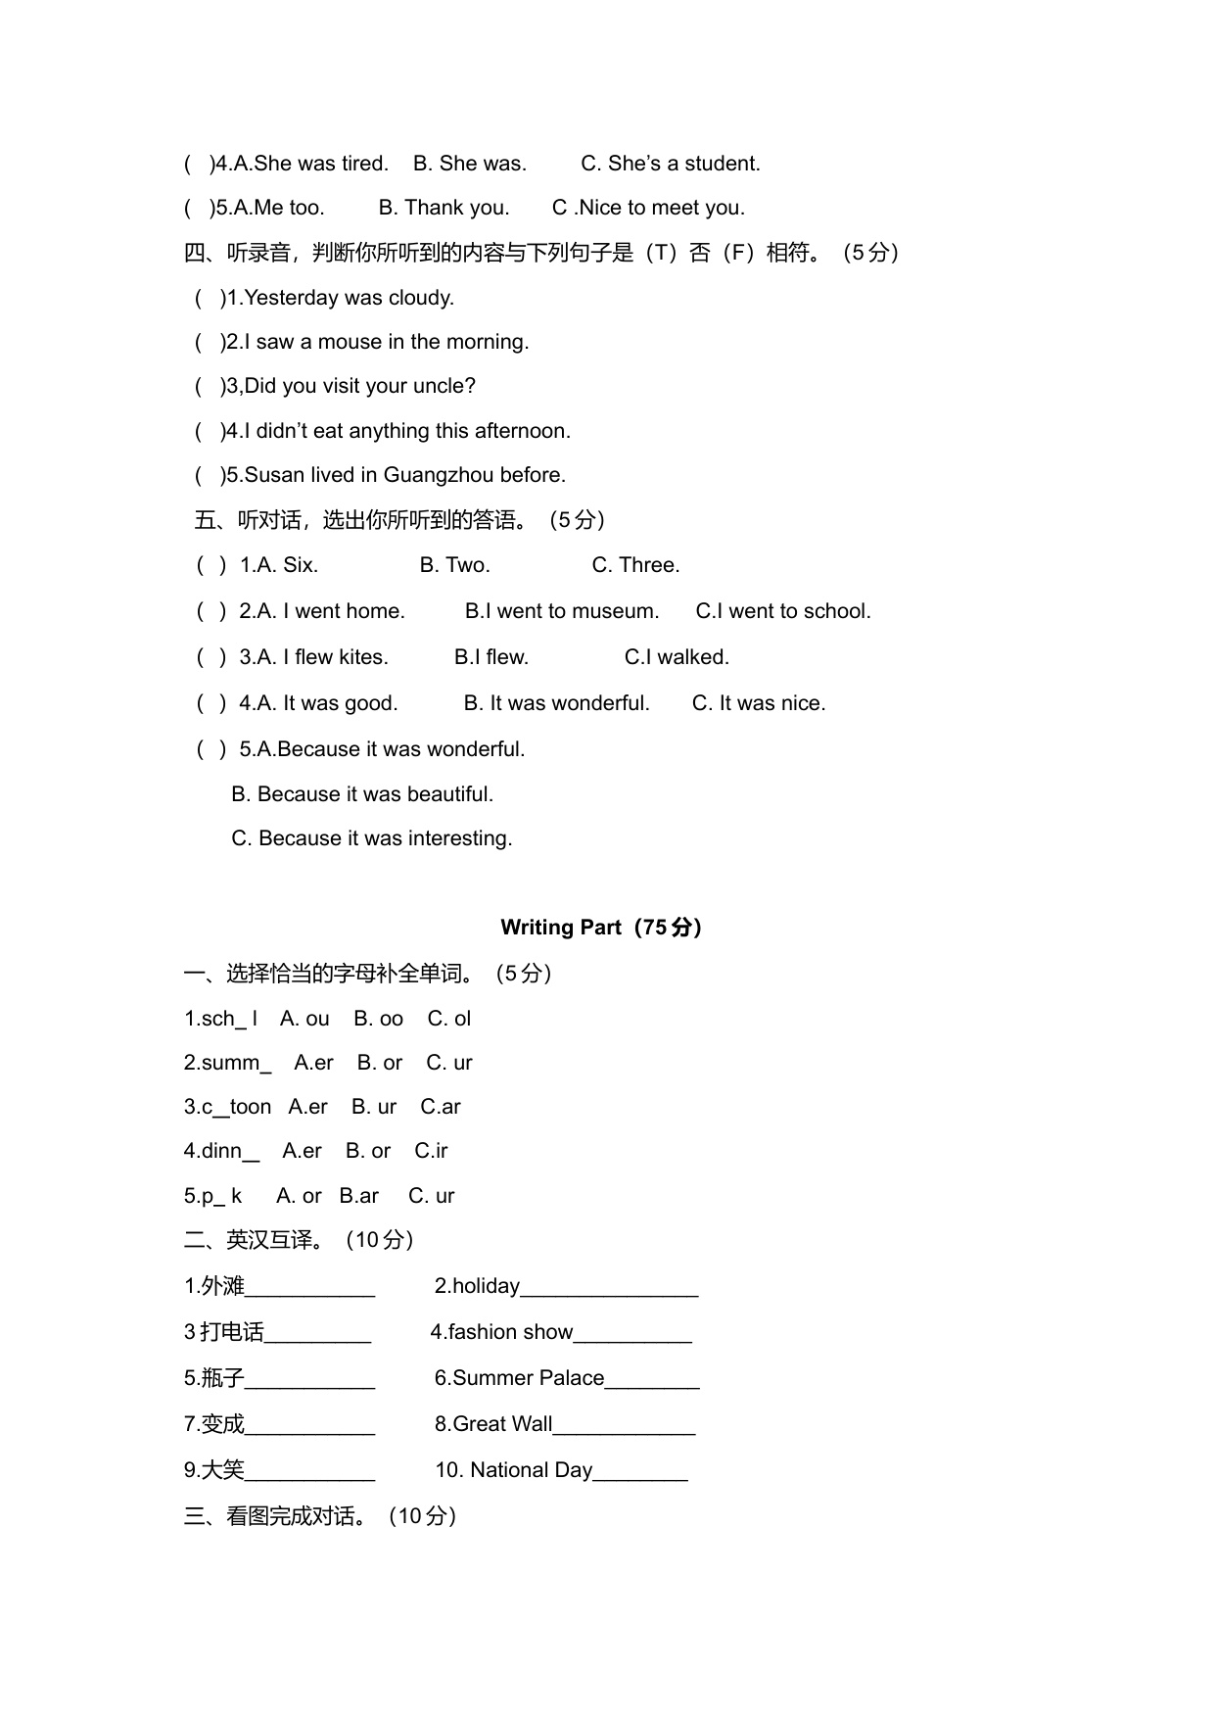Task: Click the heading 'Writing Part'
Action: pyautogui.click(x=560, y=927)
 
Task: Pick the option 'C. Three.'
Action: pyautogui.click(x=635, y=565)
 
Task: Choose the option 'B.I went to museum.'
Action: pyautogui.click(x=562, y=611)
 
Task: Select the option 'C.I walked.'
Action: pyautogui.click(x=677, y=657)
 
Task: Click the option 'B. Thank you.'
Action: pyautogui.click(x=444, y=208)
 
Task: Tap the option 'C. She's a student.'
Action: pyautogui.click(x=670, y=164)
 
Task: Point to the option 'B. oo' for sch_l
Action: pyautogui.click(x=378, y=1019)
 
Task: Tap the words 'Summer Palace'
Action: pyautogui.click(x=528, y=1378)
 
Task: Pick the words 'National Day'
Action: pyautogui.click(x=531, y=1470)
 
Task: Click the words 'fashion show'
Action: pyautogui.click(x=510, y=1332)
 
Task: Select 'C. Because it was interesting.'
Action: pyautogui.click(x=371, y=838)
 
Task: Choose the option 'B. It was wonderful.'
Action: pyautogui.click(x=556, y=703)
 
